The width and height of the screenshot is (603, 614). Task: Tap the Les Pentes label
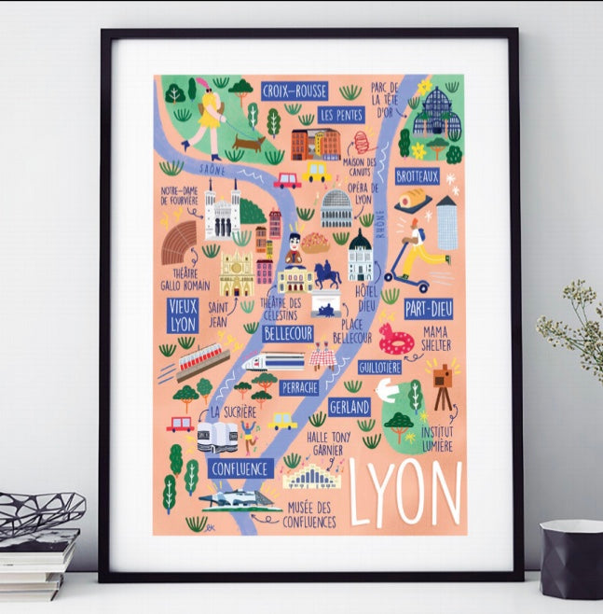coord(340,115)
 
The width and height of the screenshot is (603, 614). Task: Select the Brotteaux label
coord(417,175)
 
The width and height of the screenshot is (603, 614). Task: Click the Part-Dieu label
coord(428,309)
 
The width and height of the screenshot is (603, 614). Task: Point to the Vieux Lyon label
coord(183,314)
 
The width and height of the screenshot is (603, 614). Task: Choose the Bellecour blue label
coord(287,332)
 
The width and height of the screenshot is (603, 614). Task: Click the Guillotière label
coord(379,368)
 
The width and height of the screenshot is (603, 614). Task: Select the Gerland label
coord(349,408)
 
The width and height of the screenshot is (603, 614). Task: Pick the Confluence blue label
coord(240,468)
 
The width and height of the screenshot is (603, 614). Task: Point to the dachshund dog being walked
coord(248,144)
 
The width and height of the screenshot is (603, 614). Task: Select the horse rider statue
coord(328,274)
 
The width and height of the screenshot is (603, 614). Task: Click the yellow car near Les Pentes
coord(317,172)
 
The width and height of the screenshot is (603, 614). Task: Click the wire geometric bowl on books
coord(40,512)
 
